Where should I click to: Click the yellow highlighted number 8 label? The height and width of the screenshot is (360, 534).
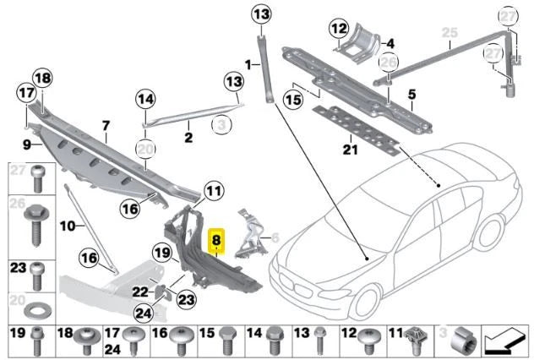click(216, 239)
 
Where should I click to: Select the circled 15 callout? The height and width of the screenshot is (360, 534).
click(292, 99)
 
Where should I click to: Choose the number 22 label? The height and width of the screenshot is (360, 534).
click(139, 292)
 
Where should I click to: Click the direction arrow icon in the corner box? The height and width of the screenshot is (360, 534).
click(505, 341)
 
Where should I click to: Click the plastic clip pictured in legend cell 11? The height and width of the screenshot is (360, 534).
click(416, 341)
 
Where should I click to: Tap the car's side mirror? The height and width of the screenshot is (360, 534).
click(390, 215)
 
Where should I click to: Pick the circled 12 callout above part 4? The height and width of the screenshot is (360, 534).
click(340, 30)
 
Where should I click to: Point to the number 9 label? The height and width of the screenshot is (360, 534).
click(27, 145)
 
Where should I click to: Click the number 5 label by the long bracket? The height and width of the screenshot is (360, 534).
click(411, 95)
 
